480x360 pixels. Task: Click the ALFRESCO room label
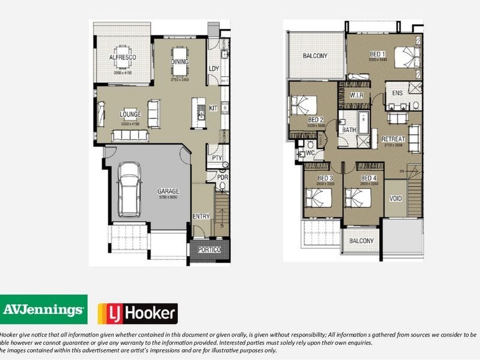tap(122, 57)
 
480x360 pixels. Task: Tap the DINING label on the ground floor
tap(180, 61)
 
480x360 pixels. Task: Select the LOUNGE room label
tap(130, 114)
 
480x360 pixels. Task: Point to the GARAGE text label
tap(169, 191)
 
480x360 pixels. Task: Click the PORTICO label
tap(208, 250)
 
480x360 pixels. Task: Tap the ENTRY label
tap(201, 216)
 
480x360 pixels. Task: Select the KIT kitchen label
tap(213, 108)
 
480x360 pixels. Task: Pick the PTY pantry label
tap(217, 158)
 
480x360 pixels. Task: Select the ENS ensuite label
tap(397, 94)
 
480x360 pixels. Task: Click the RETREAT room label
tap(394, 139)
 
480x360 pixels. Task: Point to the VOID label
tap(395, 198)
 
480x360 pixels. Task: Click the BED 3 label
tap(325, 178)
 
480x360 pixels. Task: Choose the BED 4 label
tap(368, 178)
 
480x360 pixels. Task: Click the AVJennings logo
tap(43, 310)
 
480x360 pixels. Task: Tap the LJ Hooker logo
tap(137, 313)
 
